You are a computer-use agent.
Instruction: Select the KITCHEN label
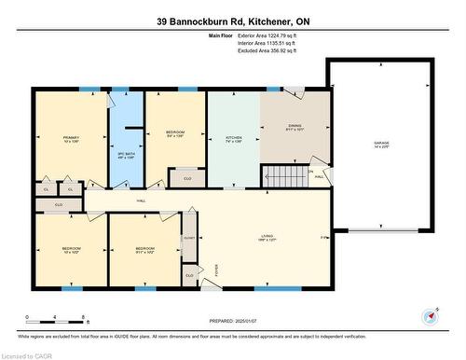point(233,137)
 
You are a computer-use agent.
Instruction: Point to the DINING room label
point(295,129)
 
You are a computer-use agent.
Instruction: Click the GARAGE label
point(379,143)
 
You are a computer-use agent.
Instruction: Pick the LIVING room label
point(267,237)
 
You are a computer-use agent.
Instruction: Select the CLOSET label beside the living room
point(189,238)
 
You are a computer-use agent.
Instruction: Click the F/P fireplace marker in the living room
point(323,237)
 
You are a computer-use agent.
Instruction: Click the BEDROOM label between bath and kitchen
point(175,132)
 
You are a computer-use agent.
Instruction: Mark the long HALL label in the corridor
point(142,200)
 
